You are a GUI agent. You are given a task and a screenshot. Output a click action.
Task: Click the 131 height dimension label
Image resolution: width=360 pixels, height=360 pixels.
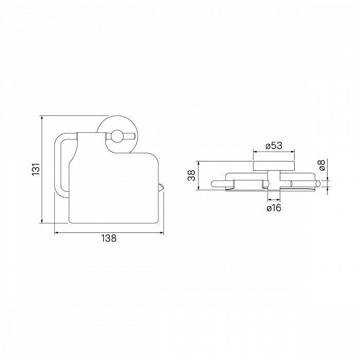[x=36, y=169]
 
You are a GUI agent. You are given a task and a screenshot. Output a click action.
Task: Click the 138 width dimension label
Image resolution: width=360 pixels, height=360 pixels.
[x=109, y=238]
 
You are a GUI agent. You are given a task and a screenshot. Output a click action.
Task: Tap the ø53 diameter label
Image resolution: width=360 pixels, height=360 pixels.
[x=274, y=146]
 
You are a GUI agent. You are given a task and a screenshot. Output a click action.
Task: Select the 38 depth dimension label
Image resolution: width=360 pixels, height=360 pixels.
[x=191, y=176]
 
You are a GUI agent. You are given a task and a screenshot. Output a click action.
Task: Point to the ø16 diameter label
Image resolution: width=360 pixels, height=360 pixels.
[x=274, y=208]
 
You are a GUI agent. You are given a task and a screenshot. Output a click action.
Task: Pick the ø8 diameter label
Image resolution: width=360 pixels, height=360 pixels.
[x=322, y=165]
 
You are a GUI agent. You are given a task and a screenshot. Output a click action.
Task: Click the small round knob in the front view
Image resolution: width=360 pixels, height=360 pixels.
[x=117, y=136]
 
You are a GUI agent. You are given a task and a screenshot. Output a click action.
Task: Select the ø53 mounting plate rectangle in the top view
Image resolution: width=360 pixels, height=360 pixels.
[x=274, y=166]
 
